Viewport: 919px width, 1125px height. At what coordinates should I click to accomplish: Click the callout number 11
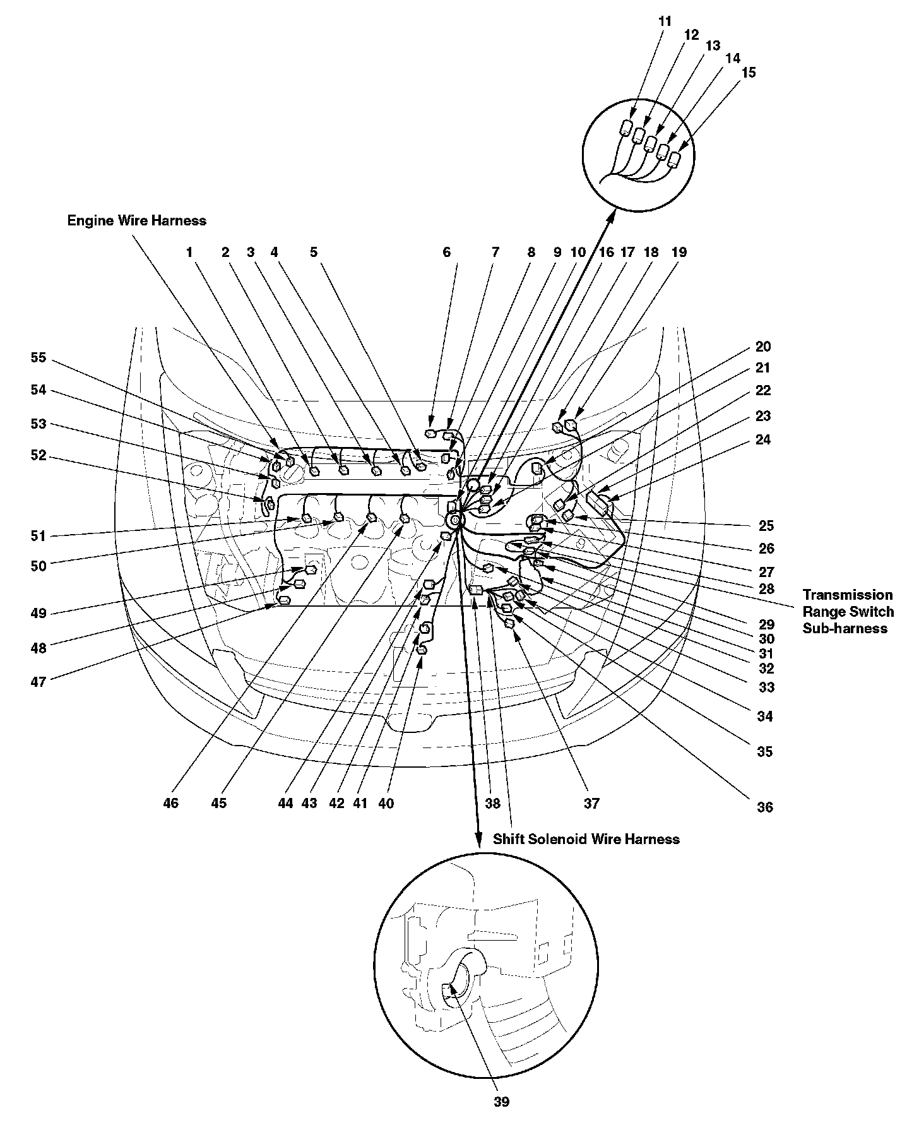(665, 21)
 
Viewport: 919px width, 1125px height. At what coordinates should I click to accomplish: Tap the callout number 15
(748, 73)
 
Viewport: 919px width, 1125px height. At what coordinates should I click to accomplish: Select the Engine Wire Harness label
(137, 221)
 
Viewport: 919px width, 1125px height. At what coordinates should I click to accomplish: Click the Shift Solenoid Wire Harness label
(586, 839)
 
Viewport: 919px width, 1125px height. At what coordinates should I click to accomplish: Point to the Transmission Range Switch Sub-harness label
(848, 612)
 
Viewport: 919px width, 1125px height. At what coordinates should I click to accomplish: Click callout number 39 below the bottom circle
(501, 1102)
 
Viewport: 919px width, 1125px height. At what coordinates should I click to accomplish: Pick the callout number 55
(39, 357)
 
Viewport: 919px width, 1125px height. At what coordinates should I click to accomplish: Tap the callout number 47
(39, 681)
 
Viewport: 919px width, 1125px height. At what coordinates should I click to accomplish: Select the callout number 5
(314, 253)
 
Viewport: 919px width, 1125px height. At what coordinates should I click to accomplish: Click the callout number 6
(447, 253)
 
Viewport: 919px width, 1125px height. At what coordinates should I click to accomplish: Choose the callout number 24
(763, 439)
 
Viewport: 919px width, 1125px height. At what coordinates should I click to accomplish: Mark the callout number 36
(764, 807)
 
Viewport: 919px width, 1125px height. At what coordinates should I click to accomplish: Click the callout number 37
(591, 804)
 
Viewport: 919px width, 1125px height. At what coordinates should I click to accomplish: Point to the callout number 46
(170, 804)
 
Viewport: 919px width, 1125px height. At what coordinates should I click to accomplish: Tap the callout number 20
(763, 347)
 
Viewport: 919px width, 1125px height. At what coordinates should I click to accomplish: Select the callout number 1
(189, 253)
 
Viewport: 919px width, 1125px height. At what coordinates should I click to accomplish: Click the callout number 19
(679, 253)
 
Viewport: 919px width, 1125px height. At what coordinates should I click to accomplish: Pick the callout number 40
(386, 804)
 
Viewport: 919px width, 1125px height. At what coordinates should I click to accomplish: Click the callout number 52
(39, 455)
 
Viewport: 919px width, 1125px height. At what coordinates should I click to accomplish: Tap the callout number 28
(766, 589)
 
